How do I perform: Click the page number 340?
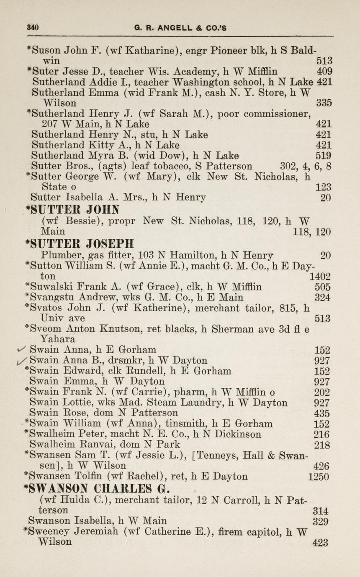(x=33, y=28)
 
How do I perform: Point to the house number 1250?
(x=319, y=477)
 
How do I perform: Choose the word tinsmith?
(x=183, y=423)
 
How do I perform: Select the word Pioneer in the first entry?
(x=219, y=51)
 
